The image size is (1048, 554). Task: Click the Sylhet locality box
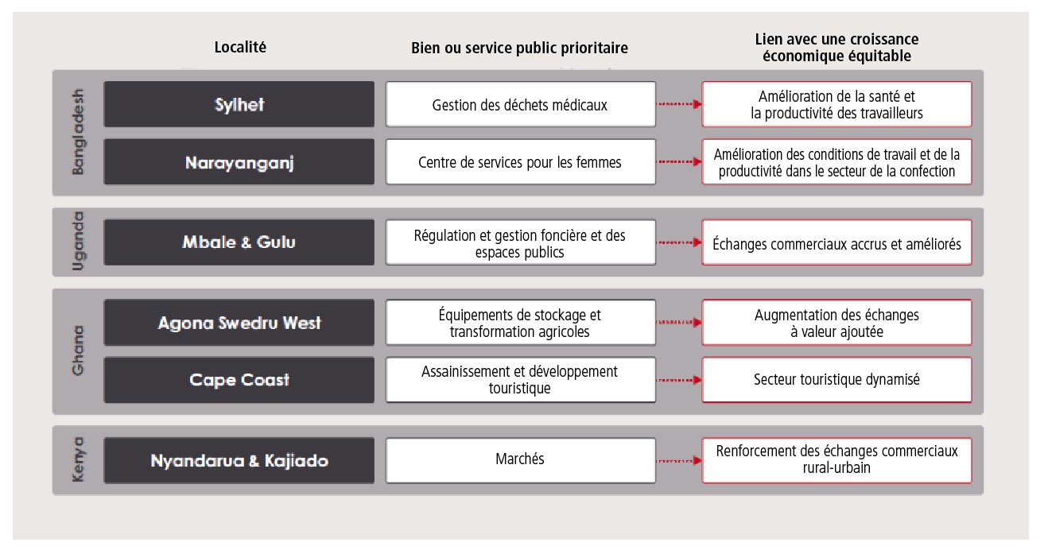(239, 104)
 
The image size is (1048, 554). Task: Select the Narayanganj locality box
(239, 162)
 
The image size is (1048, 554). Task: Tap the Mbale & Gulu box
(239, 242)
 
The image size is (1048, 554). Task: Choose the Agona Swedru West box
(239, 323)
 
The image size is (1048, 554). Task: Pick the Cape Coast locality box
(239, 380)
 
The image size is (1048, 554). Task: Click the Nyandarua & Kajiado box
(239, 460)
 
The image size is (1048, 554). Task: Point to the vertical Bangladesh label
(78, 132)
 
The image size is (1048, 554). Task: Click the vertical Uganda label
(78, 242)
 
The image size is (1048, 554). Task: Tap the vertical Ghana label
(78, 351)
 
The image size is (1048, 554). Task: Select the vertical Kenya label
(78, 459)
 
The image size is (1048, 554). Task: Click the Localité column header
(240, 47)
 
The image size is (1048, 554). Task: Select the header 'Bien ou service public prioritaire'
(519, 48)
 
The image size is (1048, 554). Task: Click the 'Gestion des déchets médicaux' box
(521, 104)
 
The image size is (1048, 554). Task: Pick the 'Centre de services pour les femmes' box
(521, 162)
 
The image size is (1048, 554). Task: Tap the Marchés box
(521, 460)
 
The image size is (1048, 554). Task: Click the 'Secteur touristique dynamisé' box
(837, 380)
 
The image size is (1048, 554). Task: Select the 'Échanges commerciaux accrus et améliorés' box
(837, 242)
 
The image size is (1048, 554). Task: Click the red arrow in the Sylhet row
(680, 104)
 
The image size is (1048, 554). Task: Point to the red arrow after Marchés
(680, 461)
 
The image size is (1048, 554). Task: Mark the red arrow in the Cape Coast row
(680, 380)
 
